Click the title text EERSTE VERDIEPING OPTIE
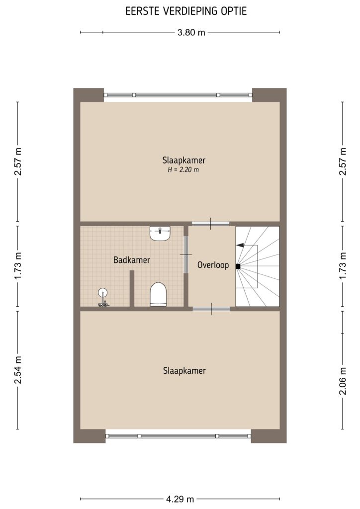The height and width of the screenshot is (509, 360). tap(180, 11)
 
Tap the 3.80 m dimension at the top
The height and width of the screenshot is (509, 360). tap(191, 33)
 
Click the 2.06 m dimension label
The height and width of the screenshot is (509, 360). tap(342, 382)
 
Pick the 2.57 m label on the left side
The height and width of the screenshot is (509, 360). tap(18, 162)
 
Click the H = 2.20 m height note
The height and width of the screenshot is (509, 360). tap(183, 170)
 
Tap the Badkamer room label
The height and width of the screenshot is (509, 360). tap(131, 260)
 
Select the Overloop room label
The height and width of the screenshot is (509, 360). tap(213, 265)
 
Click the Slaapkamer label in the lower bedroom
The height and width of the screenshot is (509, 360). tap(184, 370)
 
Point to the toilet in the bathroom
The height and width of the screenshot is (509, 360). tap(158, 294)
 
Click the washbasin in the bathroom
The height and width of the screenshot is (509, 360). tap(160, 233)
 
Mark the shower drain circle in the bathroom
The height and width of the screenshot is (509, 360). tap(103, 293)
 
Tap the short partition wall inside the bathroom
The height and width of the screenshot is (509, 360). tap(132, 288)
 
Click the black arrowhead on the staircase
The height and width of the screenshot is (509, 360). tap(240, 245)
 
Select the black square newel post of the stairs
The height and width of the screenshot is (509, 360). tap(238, 266)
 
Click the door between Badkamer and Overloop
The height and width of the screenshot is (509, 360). tap(186, 254)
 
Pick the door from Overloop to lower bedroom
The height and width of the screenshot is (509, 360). tap(211, 309)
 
